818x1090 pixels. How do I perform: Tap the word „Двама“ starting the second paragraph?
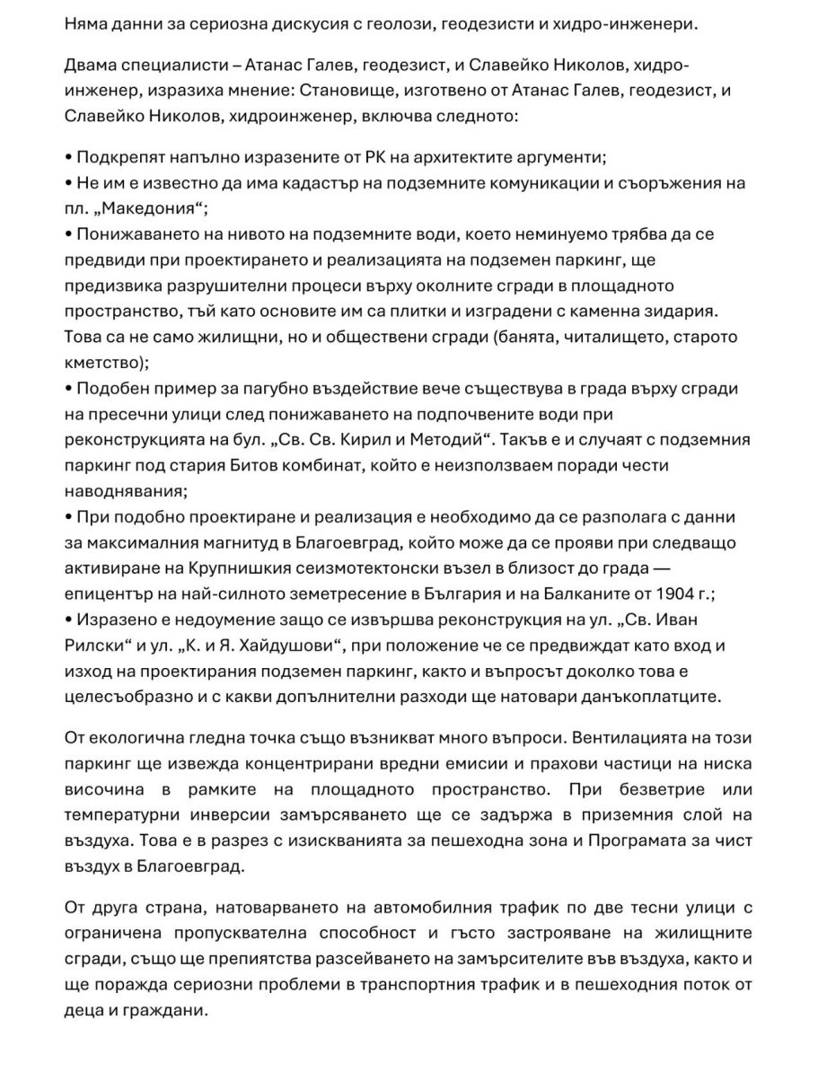tap(92, 66)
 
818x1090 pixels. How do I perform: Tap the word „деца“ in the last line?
tap(85, 1010)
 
